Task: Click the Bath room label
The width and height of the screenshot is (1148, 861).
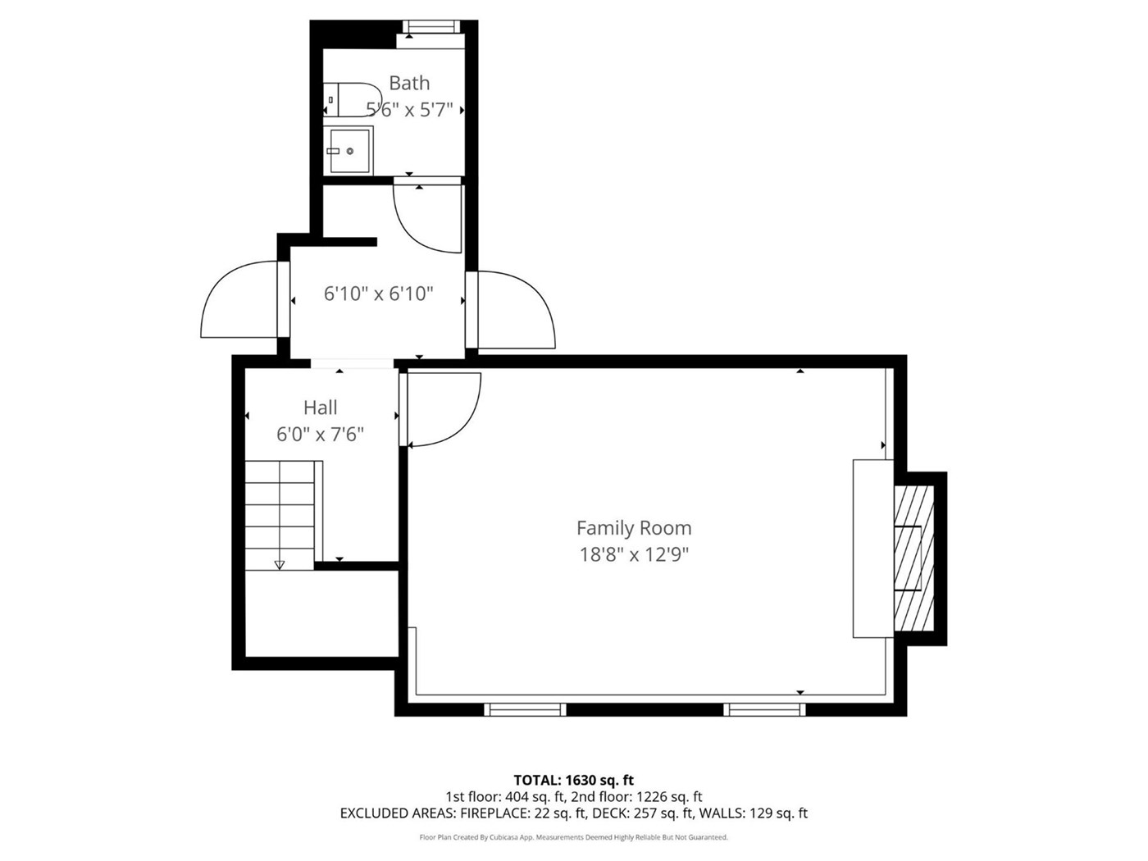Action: click(409, 83)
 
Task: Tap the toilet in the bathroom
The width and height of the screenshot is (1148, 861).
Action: click(352, 99)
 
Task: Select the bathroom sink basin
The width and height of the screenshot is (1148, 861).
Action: click(349, 151)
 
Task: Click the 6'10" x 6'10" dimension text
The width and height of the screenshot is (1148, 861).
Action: click(379, 294)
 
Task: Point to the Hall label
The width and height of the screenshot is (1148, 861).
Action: click(320, 408)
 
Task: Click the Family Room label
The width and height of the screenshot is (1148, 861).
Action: click(634, 528)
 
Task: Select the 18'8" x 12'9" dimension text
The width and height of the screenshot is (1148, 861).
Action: click(634, 554)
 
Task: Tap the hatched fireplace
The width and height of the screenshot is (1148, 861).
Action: click(913, 558)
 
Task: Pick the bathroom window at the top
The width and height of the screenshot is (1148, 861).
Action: click(431, 26)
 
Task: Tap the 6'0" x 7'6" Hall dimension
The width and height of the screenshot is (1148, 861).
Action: click(320, 435)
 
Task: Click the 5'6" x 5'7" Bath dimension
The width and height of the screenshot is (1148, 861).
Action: click(409, 110)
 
